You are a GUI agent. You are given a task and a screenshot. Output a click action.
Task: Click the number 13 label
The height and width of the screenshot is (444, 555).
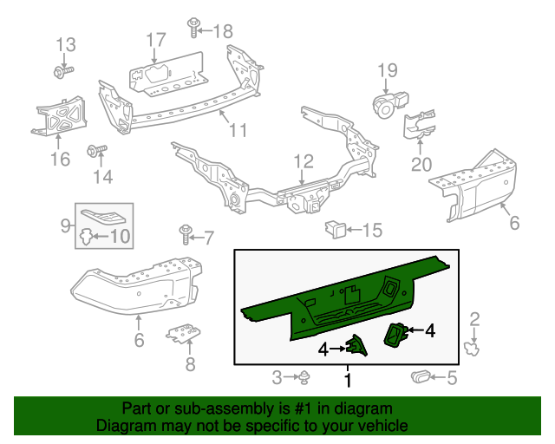point(66,44)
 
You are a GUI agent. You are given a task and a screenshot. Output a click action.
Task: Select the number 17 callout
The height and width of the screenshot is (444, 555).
point(155,39)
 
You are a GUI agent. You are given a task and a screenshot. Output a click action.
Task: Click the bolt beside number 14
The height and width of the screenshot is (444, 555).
point(95,153)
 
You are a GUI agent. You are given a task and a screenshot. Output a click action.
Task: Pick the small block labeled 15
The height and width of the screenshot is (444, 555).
point(334,229)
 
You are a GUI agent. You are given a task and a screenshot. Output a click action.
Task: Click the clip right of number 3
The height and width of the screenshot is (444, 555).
point(306,376)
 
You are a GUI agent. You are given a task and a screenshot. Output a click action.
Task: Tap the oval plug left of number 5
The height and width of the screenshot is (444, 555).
point(420,376)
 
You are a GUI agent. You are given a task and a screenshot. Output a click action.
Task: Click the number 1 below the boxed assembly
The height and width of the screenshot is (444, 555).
point(348,380)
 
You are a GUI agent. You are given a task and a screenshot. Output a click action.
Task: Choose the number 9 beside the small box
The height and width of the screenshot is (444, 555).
point(66,226)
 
